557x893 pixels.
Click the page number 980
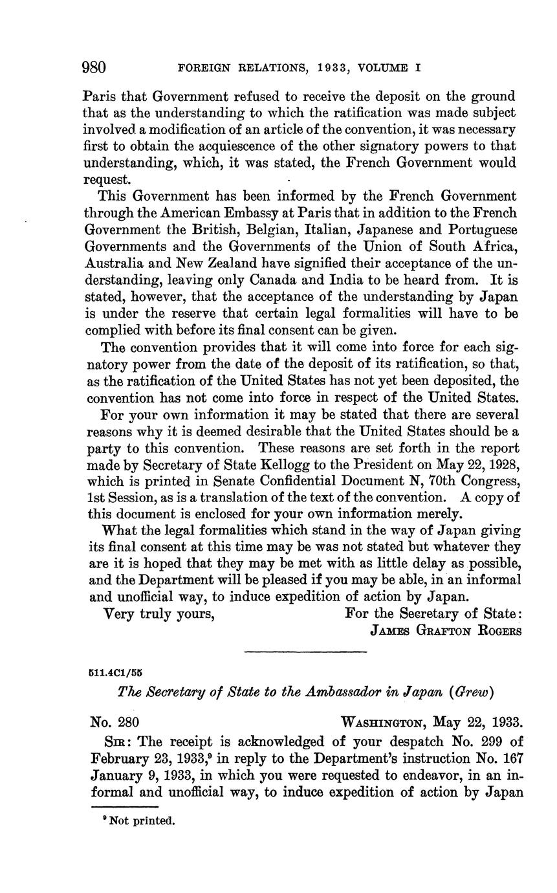(94, 67)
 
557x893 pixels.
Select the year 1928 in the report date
(500, 465)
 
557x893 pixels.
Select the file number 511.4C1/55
(116, 672)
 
